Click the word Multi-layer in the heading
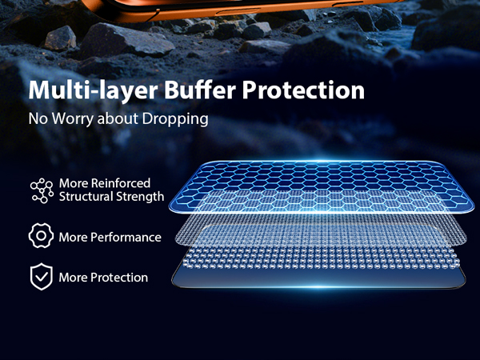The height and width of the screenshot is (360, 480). click(81, 90)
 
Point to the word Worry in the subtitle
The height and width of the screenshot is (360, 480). click(73, 120)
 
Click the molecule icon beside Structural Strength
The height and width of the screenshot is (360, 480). click(41, 190)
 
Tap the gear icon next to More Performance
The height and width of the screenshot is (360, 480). click(40, 236)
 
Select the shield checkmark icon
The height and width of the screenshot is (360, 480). click(40, 277)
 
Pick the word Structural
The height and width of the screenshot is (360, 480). click(89, 197)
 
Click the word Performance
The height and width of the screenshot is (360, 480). click(126, 238)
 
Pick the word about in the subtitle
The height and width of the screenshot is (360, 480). click(118, 120)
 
